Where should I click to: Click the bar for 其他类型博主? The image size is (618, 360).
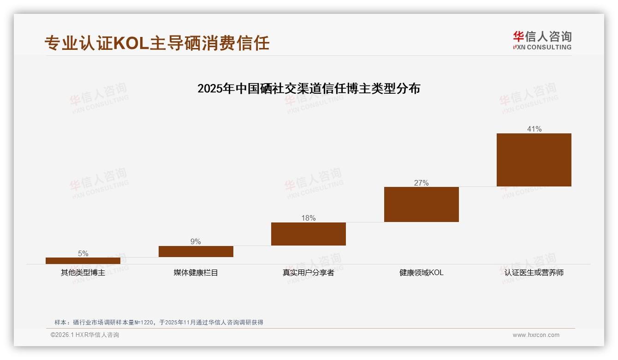pos(83,261)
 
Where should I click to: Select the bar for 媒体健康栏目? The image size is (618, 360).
pos(196,252)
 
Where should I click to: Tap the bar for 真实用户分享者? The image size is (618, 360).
pos(309,234)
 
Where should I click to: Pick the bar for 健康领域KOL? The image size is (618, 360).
pos(421,204)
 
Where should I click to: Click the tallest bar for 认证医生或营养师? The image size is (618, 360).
pos(534,160)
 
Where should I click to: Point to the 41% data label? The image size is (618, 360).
pos(534,129)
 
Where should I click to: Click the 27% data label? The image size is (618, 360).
pos(421,183)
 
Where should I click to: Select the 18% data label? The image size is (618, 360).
pos(309,218)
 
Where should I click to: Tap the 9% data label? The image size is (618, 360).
pos(196,242)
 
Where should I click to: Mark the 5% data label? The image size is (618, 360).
pos(83,253)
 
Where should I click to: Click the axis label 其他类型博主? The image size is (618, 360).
pos(83,273)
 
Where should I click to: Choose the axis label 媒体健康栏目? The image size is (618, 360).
pos(196,273)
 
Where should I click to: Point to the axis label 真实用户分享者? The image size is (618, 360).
pos(309,273)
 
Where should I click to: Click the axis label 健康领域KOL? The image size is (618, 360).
pos(421,273)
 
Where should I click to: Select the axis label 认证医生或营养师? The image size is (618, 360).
pos(534,273)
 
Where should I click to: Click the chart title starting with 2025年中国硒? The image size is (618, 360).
pos(309,89)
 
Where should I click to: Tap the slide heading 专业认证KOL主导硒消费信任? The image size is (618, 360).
pos(157,43)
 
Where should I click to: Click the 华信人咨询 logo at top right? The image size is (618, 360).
pos(542,40)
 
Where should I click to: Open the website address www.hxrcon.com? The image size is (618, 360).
pos(536,335)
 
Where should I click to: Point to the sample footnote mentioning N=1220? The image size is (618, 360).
pos(159,323)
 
